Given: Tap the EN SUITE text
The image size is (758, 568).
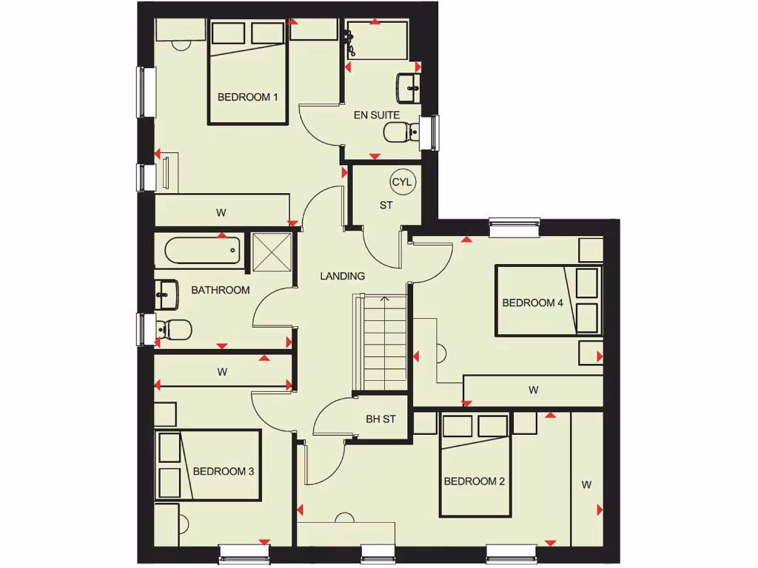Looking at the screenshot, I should pyautogui.click(x=376, y=115).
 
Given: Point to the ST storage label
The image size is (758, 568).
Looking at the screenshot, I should pyautogui.click(x=386, y=206).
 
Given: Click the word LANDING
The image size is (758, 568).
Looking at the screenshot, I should pyautogui.click(x=342, y=276).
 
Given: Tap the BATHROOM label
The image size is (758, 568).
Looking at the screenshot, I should pyautogui.click(x=221, y=290).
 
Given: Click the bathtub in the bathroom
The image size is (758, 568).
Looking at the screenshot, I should pyautogui.click(x=203, y=251).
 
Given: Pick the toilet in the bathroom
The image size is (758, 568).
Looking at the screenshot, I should pyautogui.click(x=175, y=328).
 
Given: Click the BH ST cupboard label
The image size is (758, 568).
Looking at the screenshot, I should pyautogui.click(x=380, y=419).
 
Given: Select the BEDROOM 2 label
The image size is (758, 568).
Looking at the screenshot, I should pyautogui.click(x=474, y=481).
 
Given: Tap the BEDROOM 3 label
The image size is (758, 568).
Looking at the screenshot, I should pyautogui.click(x=224, y=471).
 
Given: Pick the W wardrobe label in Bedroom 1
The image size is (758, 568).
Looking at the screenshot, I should pyautogui.click(x=221, y=212).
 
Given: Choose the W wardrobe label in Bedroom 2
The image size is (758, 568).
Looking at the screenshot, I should pyautogui.click(x=586, y=485).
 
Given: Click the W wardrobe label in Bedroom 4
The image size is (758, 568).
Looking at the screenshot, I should pyautogui.click(x=533, y=390).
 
